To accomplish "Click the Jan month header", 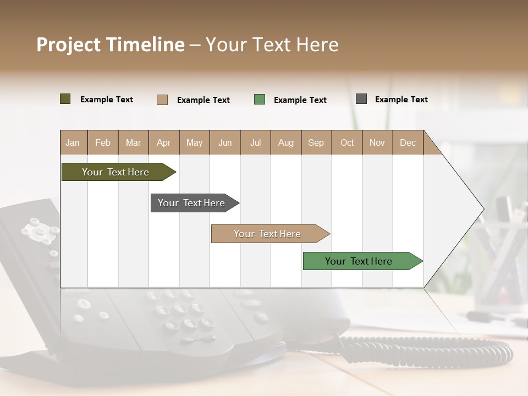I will pyautogui.click(x=73, y=143).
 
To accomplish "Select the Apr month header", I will pyautogui.click(x=163, y=143).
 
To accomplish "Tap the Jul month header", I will pyautogui.click(x=255, y=143).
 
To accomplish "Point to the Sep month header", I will pyautogui.click(x=316, y=143).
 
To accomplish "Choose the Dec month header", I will pyautogui.click(x=408, y=143).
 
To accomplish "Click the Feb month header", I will pyautogui.click(x=103, y=143).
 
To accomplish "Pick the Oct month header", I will pyautogui.click(x=347, y=143).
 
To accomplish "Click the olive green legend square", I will pyautogui.click(x=65, y=99).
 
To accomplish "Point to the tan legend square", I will pyautogui.click(x=162, y=100).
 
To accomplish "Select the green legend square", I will pyautogui.click(x=260, y=100).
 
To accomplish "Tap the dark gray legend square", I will pyautogui.click(x=361, y=99).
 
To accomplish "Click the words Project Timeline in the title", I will pyautogui.click(x=111, y=45).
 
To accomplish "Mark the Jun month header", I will pyautogui.click(x=225, y=143).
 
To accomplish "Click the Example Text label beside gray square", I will pyautogui.click(x=401, y=100).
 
